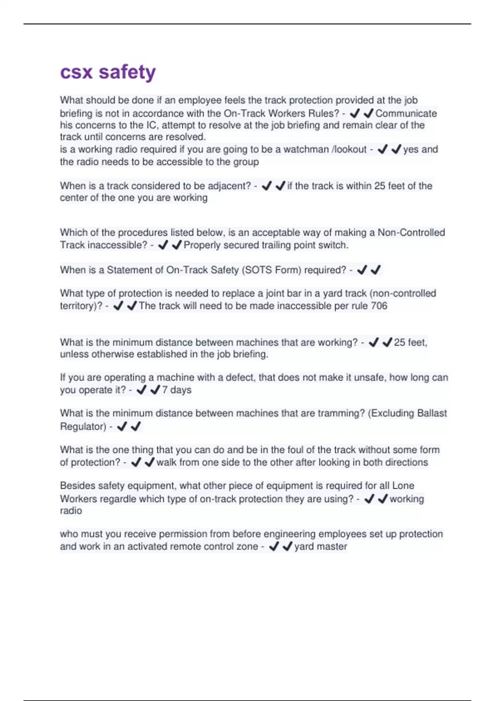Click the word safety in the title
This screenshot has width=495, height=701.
127,72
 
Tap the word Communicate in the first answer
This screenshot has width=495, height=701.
406,113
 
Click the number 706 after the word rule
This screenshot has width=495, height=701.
379,306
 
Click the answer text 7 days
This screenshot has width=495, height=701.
177,390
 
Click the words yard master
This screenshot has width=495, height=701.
321,547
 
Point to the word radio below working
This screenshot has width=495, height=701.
71,511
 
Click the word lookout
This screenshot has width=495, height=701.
350,149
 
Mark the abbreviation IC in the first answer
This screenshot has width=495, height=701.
151,125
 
